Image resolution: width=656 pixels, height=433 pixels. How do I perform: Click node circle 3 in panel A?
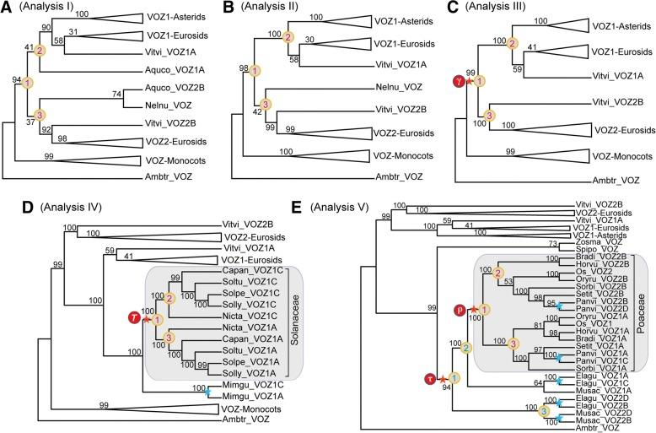[38, 114]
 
